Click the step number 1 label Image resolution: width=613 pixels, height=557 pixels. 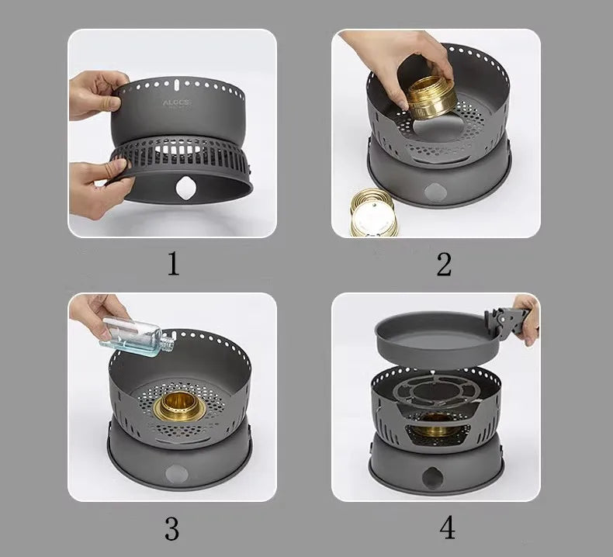point(172,264)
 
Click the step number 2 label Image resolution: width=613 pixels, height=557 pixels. point(443,264)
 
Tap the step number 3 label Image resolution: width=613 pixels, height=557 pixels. point(172,528)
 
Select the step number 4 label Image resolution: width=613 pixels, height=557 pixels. point(447,528)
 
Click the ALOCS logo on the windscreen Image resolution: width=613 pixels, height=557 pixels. point(178,102)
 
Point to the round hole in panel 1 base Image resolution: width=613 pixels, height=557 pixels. point(187,188)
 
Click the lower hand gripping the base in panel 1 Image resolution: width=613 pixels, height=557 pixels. point(98,186)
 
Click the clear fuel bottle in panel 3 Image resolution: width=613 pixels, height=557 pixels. point(131,335)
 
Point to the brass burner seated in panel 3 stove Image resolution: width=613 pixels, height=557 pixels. point(179,407)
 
